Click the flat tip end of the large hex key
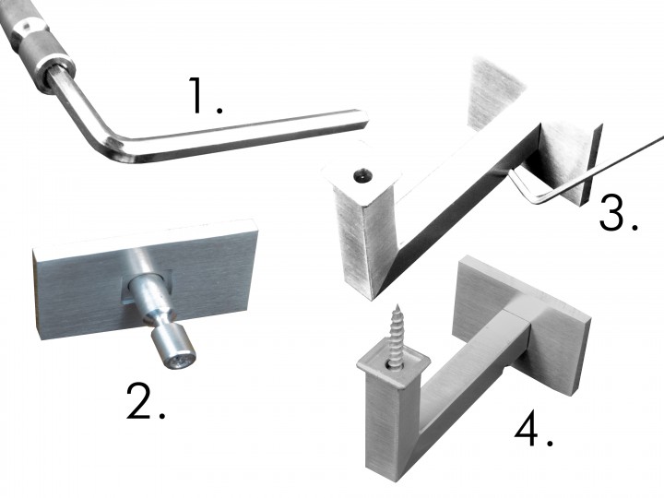pos(363,119)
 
